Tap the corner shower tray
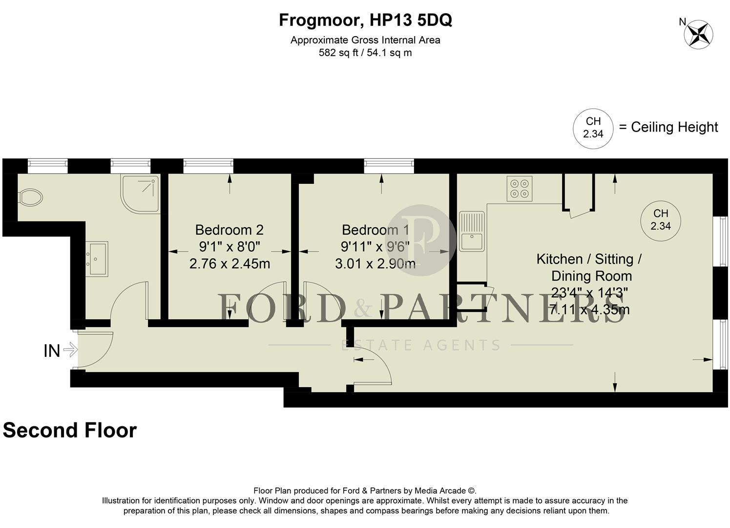[x=141, y=193]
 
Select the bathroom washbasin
[x=96, y=259]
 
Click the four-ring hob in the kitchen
[x=519, y=189]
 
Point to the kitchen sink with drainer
[x=472, y=231]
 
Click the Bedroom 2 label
[x=229, y=230]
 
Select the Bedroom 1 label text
[x=375, y=230]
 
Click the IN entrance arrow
[x=70, y=350]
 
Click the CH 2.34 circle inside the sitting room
[x=660, y=220]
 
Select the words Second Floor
[x=70, y=430]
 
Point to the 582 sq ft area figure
[x=339, y=53]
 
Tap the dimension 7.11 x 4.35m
[x=589, y=309]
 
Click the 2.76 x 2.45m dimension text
[x=229, y=264]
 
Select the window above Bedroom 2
[x=208, y=166]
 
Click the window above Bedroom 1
[x=389, y=166]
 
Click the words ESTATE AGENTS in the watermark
[x=420, y=345]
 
